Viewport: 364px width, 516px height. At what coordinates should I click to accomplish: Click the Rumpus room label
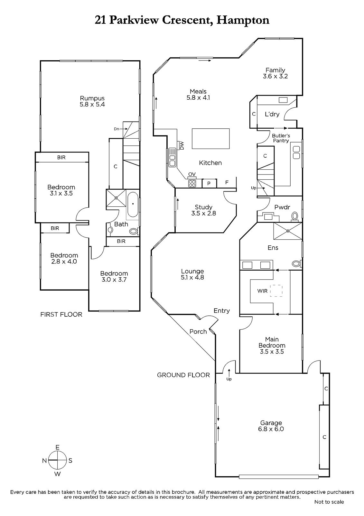tap(92, 101)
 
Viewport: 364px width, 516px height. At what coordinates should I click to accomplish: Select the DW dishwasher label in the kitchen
tap(182, 145)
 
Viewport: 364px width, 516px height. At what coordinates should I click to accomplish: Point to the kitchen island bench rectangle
tap(210, 139)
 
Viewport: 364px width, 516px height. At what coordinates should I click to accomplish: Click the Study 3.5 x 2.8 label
tap(203, 210)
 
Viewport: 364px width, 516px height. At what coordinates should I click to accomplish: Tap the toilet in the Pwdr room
tap(294, 216)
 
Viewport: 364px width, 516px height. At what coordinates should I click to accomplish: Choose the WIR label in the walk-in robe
tap(262, 291)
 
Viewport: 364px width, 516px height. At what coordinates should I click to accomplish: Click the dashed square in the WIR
tap(276, 291)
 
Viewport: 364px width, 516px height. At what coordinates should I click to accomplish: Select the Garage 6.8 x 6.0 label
tap(271, 426)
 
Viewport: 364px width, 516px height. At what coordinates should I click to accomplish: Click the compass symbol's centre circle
tap(58, 460)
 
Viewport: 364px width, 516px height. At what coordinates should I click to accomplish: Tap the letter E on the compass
tap(58, 447)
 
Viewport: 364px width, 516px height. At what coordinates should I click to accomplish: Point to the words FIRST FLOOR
tap(61, 314)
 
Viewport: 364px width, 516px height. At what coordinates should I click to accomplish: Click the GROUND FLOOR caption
tap(183, 375)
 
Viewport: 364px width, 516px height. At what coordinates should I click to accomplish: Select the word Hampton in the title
tap(243, 21)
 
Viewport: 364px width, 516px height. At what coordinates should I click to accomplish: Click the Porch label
tap(198, 332)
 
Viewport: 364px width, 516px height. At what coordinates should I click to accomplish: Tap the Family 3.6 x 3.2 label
tap(275, 73)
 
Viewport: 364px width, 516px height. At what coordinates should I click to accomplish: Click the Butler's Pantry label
tap(281, 138)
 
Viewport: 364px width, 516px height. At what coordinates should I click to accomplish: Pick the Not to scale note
tap(329, 502)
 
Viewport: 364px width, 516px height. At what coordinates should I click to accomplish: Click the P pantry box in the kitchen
tap(209, 184)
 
